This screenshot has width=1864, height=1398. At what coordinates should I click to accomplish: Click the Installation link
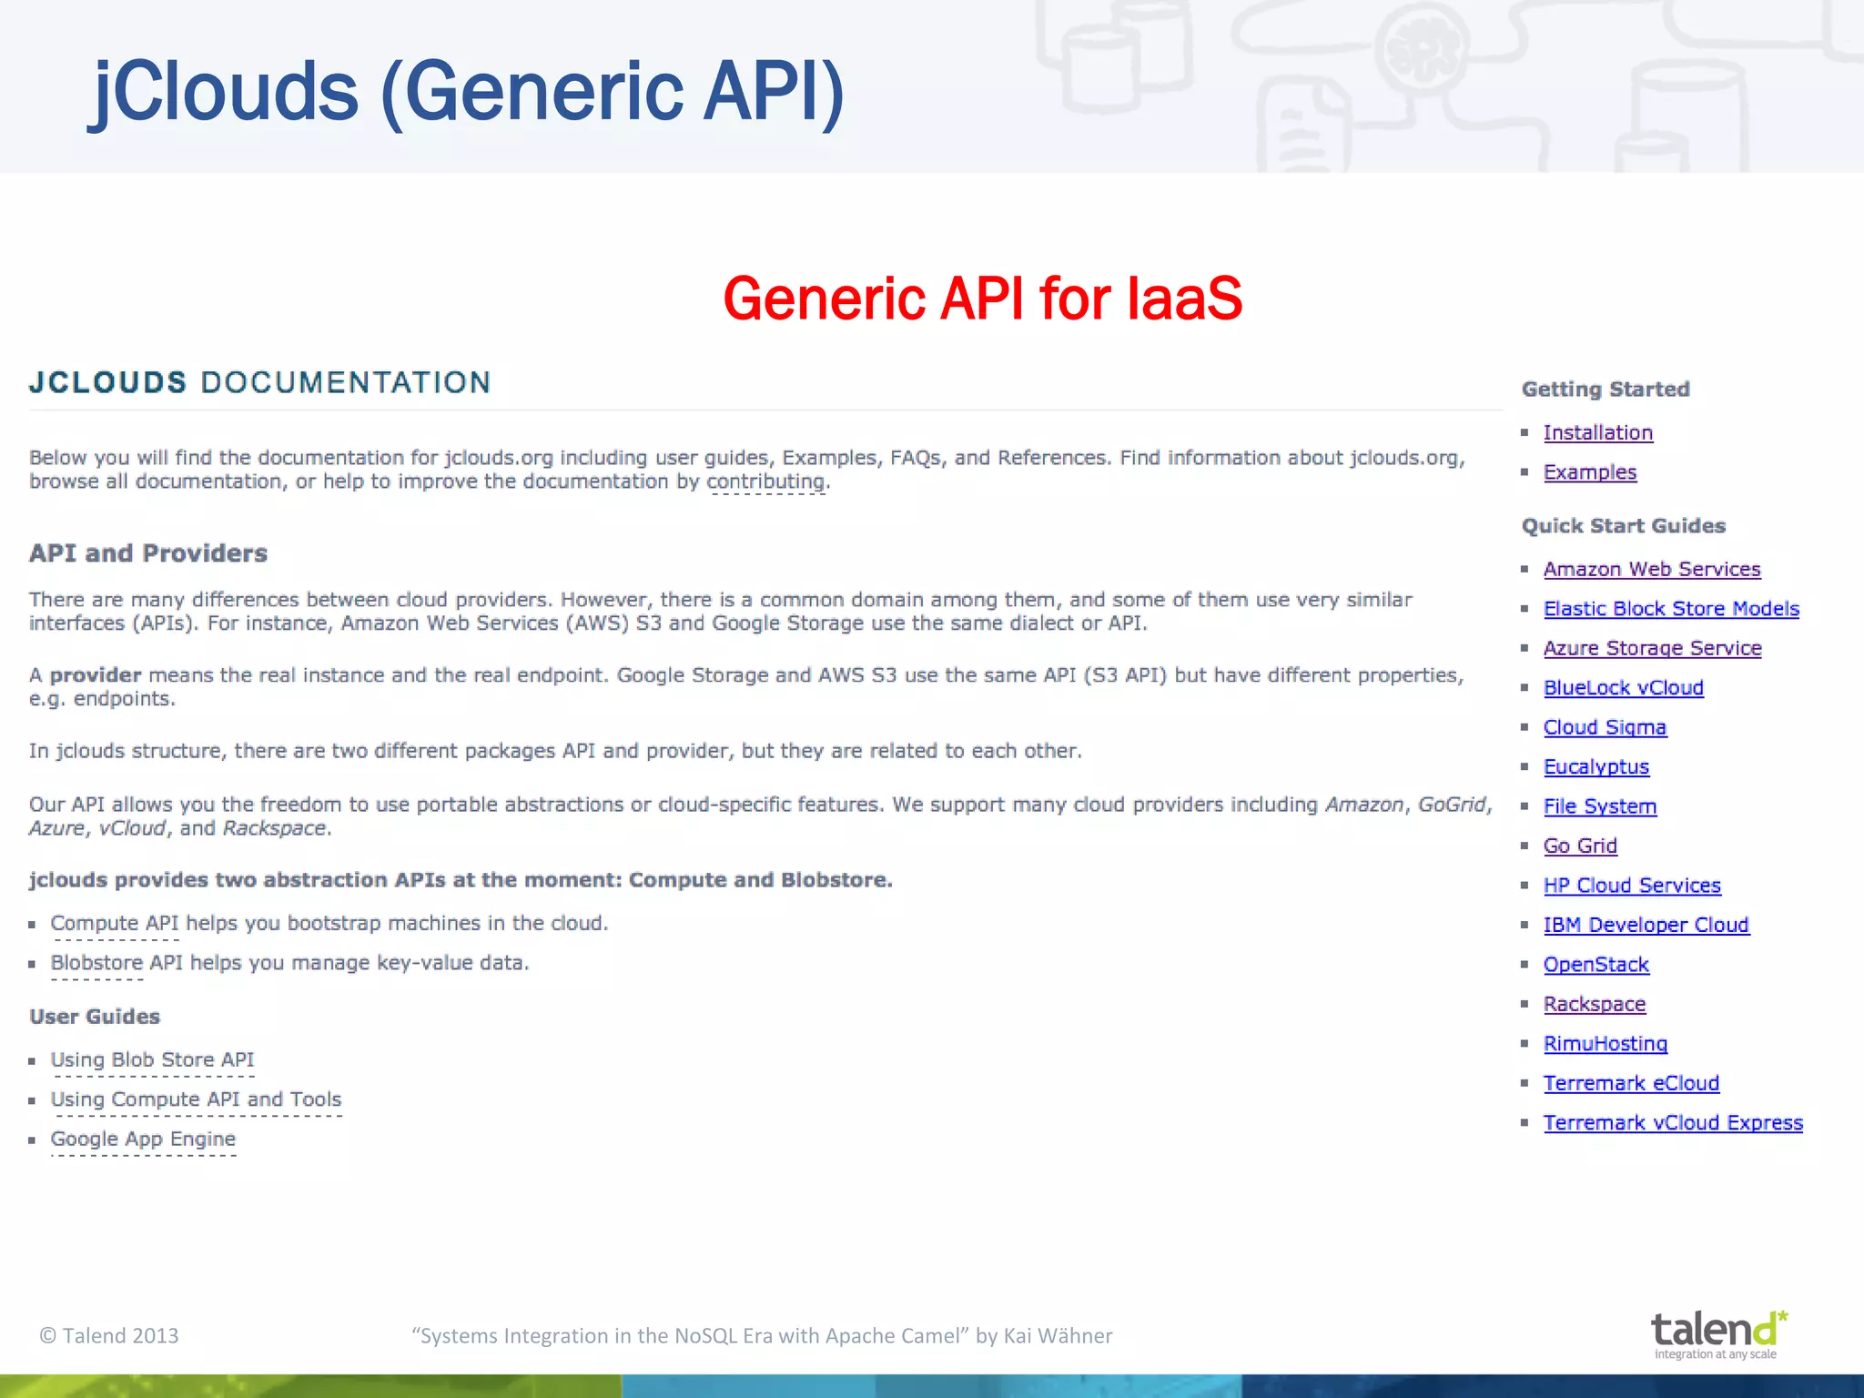pos(1597,433)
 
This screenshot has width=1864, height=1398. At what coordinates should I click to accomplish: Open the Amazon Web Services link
pos(1651,570)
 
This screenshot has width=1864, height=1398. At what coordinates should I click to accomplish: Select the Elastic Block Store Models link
pos(1671,609)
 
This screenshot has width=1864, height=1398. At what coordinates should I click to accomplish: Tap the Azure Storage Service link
pos(1652,649)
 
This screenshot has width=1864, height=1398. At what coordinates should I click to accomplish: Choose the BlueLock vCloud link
pos(1623,688)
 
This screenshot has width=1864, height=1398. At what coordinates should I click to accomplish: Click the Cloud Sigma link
pos(1605,728)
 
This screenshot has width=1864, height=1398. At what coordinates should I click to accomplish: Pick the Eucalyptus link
pos(1596,767)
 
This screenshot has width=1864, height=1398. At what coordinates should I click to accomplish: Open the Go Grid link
pos(1580,846)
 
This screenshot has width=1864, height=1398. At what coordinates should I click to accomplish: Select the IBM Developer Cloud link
pos(1646,926)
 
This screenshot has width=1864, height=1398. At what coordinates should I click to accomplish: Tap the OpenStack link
pos(1596,965)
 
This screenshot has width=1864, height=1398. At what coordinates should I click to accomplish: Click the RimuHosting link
pos(1605,1044)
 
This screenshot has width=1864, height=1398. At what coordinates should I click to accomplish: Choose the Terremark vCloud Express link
pos(1673,1123)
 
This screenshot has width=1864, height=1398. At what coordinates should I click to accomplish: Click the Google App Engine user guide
pos(143,1140)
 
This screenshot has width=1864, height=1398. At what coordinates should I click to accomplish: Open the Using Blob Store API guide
pos(152,1060)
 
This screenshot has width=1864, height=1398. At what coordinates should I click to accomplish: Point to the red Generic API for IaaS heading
pos(982,299)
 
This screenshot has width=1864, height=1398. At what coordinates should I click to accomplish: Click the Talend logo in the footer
pos(1717,1333)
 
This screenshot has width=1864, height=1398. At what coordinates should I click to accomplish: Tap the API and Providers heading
pos(148,553)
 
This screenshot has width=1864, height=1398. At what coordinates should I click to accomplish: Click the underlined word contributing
pos(765,481)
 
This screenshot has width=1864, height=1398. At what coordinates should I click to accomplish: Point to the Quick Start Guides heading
pos(1623,526)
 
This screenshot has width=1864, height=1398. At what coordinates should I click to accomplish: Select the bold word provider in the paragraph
pos(96,675)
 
